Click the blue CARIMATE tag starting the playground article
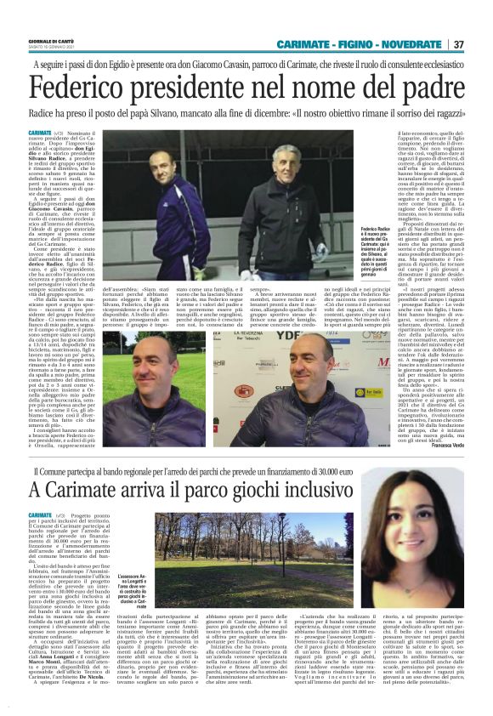click(x=39, y=515)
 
